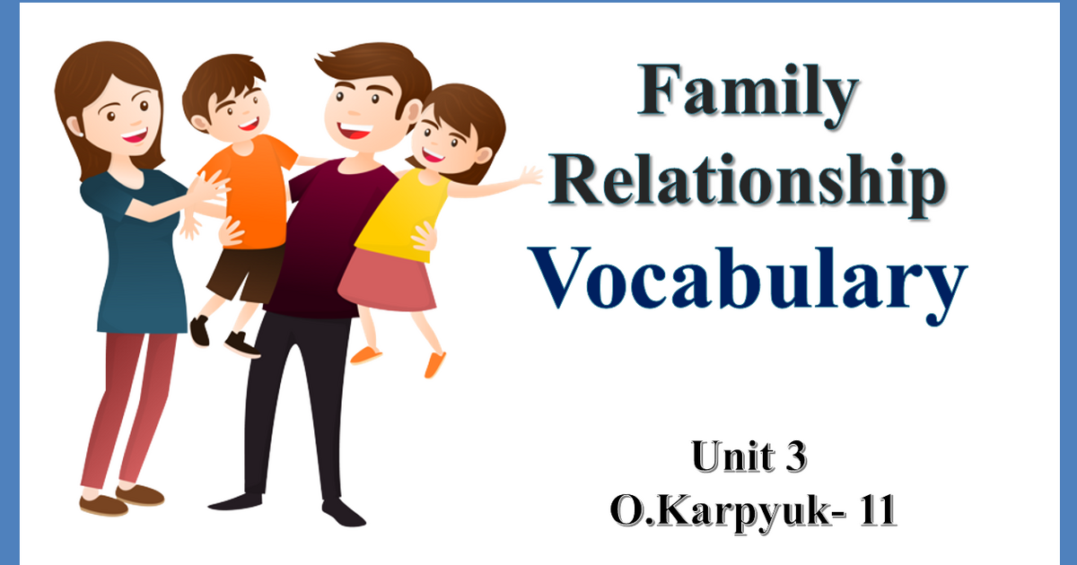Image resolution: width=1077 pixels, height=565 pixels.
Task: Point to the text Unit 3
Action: coord(749,456)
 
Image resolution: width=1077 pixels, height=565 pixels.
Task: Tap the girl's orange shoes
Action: coord(434,363)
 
